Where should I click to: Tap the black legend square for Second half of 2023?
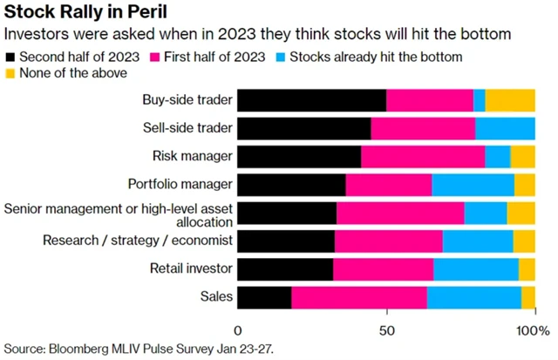[10, 58]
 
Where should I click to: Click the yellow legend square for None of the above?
[10, 74]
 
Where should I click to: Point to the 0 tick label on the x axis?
[238, 331]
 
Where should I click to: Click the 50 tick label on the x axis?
[385, 331]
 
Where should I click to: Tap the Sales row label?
[216, 296]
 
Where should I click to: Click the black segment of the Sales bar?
[264, 296]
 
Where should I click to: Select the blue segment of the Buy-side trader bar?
[480, 100]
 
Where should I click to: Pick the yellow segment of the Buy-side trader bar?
[510, 100]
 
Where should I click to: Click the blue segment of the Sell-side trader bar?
[506, 128]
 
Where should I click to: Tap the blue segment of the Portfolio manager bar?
[473, 184]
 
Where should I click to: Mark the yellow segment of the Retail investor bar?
[527, 268]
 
